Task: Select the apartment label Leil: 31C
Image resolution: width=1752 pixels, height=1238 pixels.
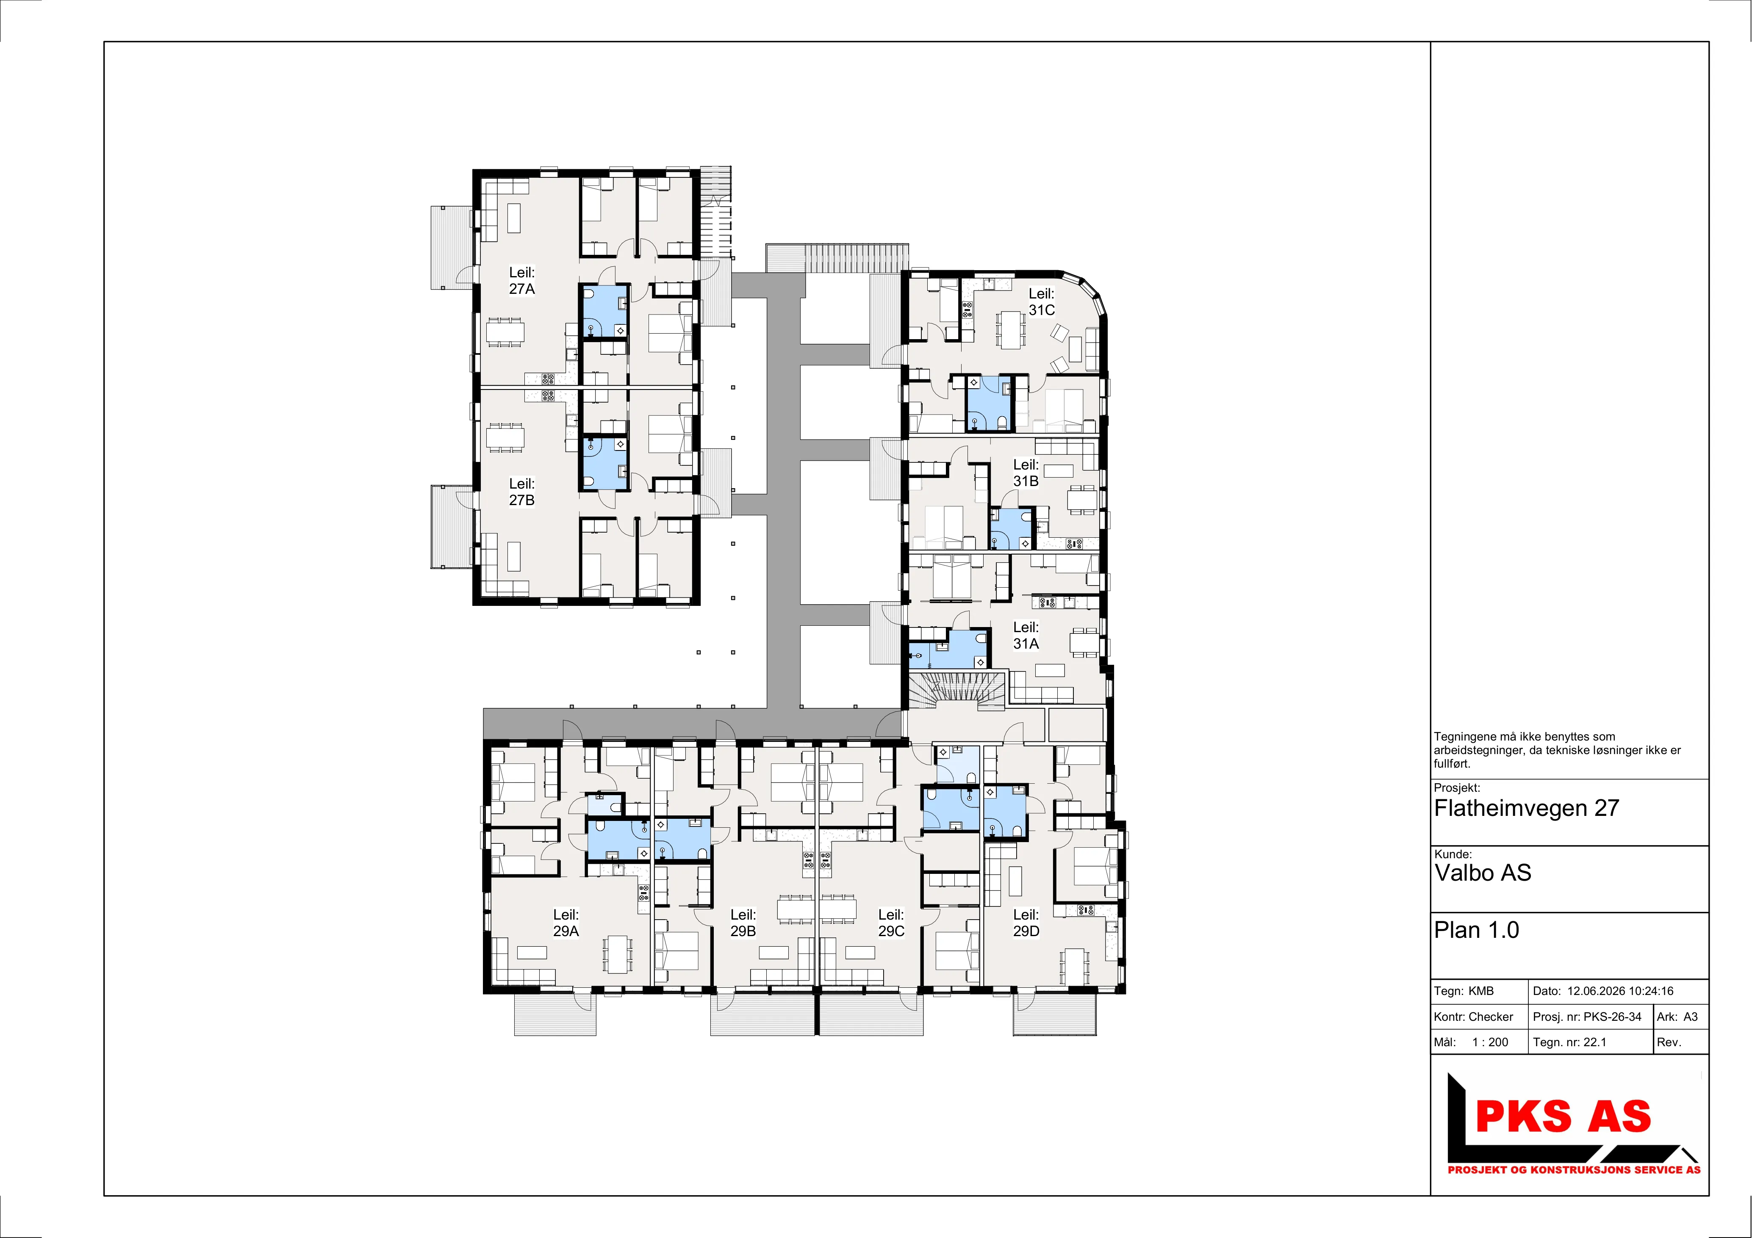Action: pyautogui.click(x=1042, y=302)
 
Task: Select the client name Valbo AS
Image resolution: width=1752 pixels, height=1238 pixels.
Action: pyautogui.click(x=1483, y=873)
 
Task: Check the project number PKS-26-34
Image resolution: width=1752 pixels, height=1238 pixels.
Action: pyautogui.click(x=1612, y=1017)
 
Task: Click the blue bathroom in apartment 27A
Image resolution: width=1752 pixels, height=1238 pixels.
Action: pyautogui.click(x=604, y=311)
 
